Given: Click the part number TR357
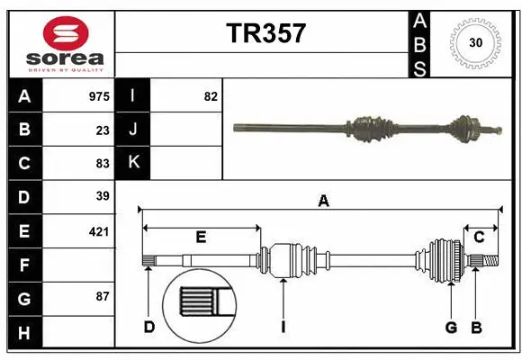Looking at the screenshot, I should click(x=265, y=33).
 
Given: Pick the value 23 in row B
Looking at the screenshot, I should click(x=103, y=130).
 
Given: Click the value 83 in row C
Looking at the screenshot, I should click(x=103, y=163).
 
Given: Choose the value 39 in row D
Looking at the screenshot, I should click(x=103, y=196).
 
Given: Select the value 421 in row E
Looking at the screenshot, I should click(x=99, y=231).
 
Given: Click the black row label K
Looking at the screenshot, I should click(x=133, y=163).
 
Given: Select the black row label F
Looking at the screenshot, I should click(x=24, y=265).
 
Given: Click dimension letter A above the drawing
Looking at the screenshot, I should click(x=323, y=202).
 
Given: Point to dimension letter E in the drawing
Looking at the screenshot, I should click(x=201, y=238).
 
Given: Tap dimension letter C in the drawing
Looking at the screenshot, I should click(x=479, y=238).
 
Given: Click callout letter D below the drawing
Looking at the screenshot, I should click(x=149, y=327).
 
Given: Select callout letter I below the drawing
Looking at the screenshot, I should click(x=283, y=327).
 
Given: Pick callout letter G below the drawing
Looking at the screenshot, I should click(x=451, y=327).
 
